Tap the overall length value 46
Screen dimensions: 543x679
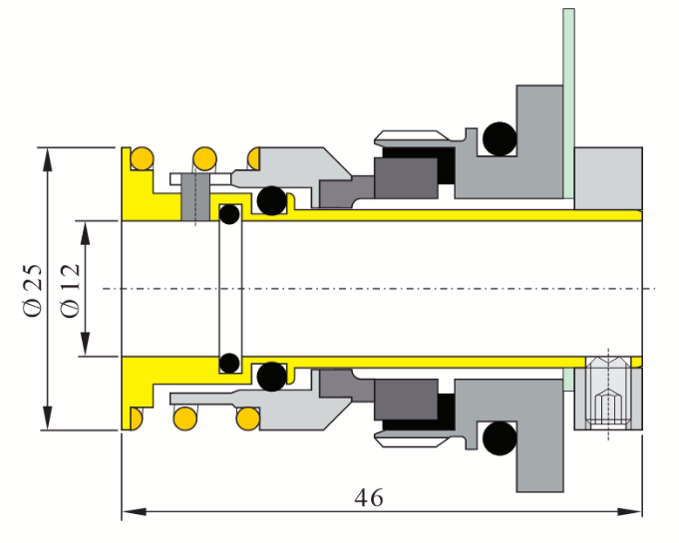tap(369, 497)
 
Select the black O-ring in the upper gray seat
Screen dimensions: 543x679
tap(499, 139)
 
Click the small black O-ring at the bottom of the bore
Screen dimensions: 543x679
tap(229, 362)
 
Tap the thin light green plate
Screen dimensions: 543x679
tap(568, 100)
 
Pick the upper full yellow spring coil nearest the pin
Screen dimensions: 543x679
tap(204, 157)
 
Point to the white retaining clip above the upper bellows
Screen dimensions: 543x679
tap(414, 136)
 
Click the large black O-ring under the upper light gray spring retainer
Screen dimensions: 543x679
tap(270, 200)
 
